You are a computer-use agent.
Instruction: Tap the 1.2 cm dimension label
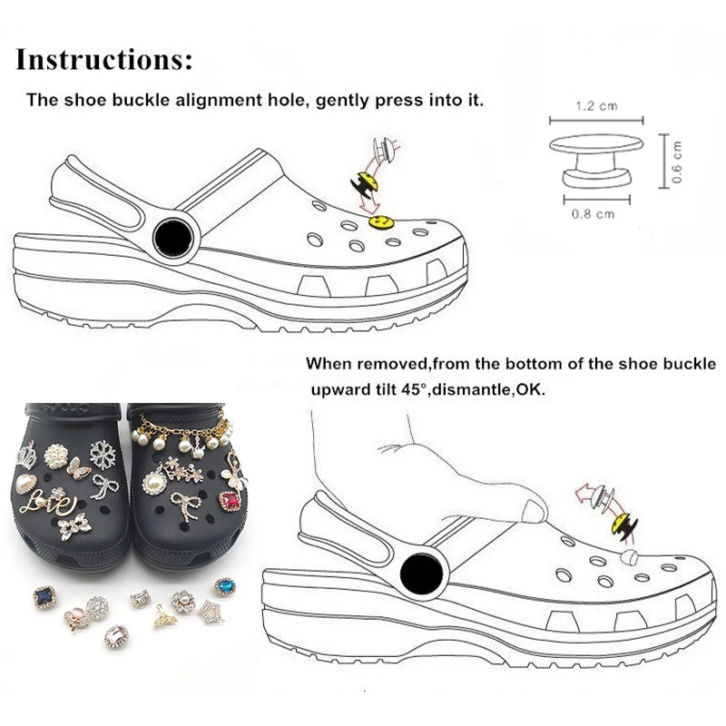click(x=596, y=106)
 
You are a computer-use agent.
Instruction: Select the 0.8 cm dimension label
click(x=595, y=214)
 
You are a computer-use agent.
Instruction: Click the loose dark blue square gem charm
click(x=43, y=594)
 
